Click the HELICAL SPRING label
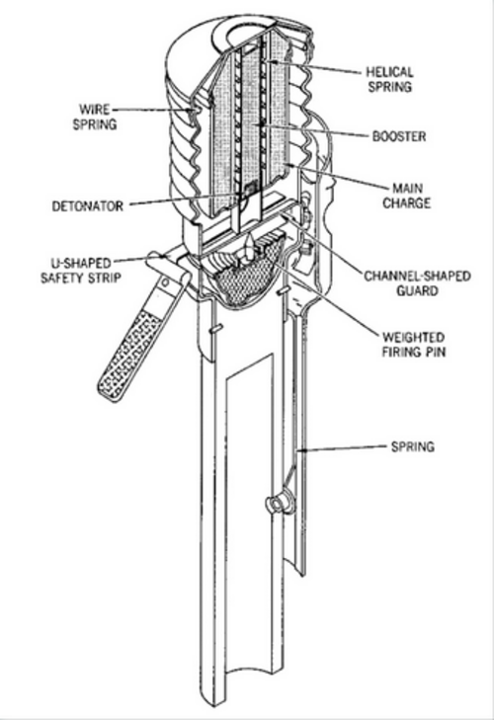[390, 79]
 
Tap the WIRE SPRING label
[95, 118]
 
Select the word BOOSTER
[399, 136]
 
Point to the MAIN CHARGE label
[407, 196]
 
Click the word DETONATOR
[88, 206]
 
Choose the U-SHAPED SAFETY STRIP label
[81, 271]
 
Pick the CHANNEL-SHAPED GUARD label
[417, 283]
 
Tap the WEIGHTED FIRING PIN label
[414, 345]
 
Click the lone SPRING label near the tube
[413, 446]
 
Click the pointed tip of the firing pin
[251, 235]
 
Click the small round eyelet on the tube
[277, 503]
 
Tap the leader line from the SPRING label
[343, 448]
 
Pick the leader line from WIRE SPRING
[153, 110]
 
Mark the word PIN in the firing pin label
[436, 352]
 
